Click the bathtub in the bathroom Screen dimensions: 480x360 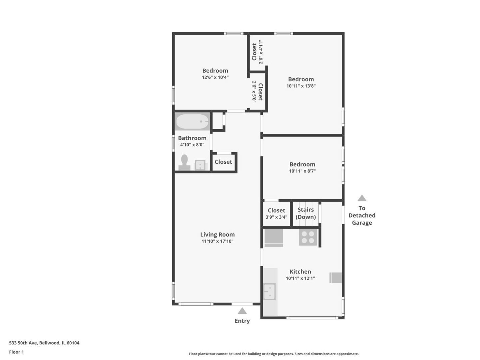click(192, 121)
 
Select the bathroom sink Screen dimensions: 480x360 click(200, 165)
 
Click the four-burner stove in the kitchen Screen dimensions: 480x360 click(308, 237)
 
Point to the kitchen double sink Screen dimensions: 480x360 click(269, 292)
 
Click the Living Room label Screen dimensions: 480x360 click(218, 234)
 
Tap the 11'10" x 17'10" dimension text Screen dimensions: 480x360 click(218, 241)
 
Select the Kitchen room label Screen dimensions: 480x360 click(300, 271)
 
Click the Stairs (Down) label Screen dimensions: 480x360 click(305, 213)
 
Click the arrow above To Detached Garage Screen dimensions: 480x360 click(362, 198)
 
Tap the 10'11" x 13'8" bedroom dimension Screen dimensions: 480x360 click(301, 86)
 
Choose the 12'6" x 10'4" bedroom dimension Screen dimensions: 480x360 click(215, 77)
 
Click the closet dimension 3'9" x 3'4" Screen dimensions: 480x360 click(276, 217)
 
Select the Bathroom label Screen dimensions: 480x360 click(192, 138)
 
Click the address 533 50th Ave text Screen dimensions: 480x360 click(23, 343)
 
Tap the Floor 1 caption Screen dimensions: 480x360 click(16, 352)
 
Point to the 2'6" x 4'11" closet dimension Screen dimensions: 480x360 click(261, 52)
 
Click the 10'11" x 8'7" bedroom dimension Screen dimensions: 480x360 click(302, 171)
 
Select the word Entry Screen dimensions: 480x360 click(242, 321)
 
